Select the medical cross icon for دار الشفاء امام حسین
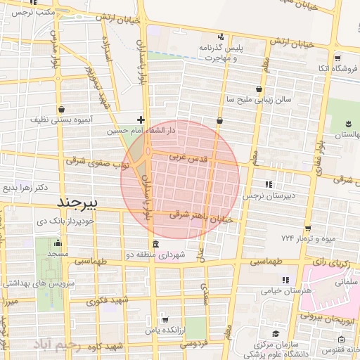[141, 120]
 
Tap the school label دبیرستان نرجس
[266, 195]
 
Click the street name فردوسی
[193, 345]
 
